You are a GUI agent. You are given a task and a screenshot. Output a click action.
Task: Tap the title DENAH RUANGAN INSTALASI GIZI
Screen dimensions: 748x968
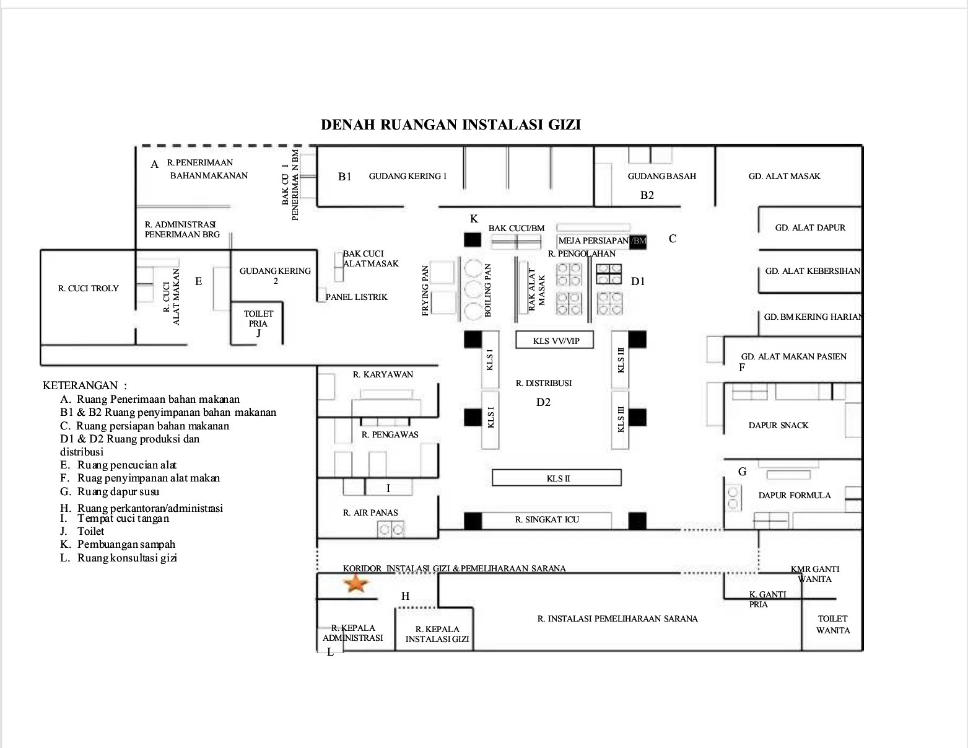click(450, 125)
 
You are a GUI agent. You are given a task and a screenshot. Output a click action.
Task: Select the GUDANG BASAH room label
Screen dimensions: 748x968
click(661, 176)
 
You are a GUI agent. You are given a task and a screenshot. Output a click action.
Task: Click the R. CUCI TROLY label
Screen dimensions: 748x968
click(88, 288)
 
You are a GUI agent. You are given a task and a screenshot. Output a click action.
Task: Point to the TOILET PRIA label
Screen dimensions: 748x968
click(258, 319)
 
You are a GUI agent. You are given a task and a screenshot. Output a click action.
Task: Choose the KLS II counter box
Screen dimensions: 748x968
click(557, 478)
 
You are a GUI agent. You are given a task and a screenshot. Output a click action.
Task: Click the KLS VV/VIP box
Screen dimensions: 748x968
click(556, 340)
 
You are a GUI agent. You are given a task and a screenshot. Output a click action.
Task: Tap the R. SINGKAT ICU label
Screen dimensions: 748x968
click(547, 519)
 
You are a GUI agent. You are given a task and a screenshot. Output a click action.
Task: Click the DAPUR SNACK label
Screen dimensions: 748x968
click(778, 425)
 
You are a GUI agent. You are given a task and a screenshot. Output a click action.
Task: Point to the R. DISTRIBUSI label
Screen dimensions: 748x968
click(544, 383)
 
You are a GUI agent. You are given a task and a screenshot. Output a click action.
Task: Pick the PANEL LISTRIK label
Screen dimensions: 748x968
click(357, 297)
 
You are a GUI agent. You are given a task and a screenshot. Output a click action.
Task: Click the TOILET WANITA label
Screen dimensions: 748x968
click(832, 624)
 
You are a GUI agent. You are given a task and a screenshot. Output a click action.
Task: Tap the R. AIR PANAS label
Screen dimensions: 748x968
click(370, 513)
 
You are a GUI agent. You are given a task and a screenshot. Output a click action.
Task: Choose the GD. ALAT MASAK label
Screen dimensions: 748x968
click(784, 176)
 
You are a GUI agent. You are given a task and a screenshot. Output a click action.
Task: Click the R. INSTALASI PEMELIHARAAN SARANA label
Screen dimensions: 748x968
click(617, 618)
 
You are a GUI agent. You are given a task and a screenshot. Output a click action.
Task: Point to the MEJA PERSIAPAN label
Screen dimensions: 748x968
click(593, 240)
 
